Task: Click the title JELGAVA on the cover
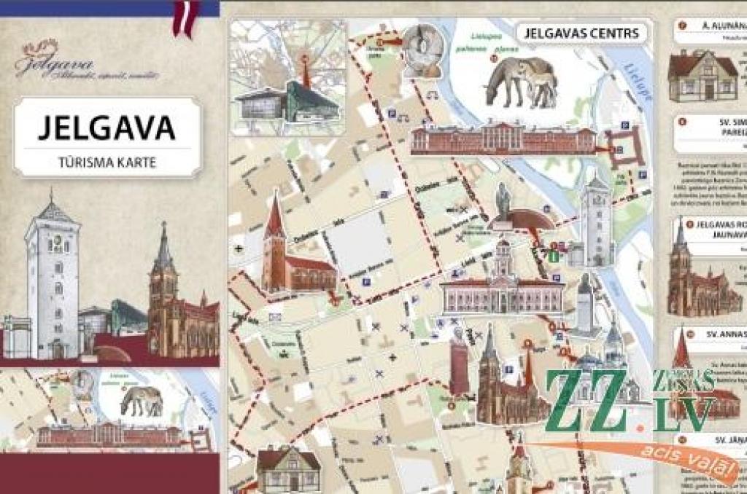[x=107, y=127]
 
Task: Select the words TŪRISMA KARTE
[x=107, y=162]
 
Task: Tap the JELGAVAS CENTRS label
[x=581, y=33]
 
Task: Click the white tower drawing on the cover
[x=52, y=281]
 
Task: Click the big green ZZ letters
[x=587, y=400]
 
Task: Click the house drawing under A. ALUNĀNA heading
[x=703, y=76]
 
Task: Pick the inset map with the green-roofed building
[x=288, y=77]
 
